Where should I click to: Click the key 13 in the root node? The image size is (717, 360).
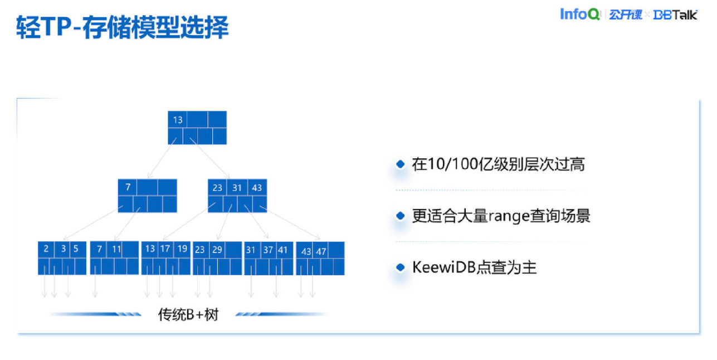(178, 119)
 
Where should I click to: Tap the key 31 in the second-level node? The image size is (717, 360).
(237, 188)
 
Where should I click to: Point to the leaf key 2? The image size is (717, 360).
(46, 249)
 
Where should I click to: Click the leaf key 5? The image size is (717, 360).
(76, 249)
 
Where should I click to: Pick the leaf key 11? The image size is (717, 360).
(116, 249)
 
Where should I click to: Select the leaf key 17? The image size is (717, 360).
(165, 249)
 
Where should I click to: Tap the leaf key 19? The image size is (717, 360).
(182, 249)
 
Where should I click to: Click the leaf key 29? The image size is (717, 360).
(217, 250)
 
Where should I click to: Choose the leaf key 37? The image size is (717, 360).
(268, 250)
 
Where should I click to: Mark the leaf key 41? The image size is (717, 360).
(283, 250)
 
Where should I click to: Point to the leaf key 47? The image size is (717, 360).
(321, 251)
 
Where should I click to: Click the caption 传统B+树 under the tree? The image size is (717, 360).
(188, 315)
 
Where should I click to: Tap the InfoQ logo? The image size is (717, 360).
(579, 14)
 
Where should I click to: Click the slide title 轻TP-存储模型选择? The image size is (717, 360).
(123, 27)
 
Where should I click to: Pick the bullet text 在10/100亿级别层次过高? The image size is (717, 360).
(498, 164)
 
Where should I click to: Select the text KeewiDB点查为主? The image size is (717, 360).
(474, 267)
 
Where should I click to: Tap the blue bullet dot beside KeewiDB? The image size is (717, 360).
(399, 267)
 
